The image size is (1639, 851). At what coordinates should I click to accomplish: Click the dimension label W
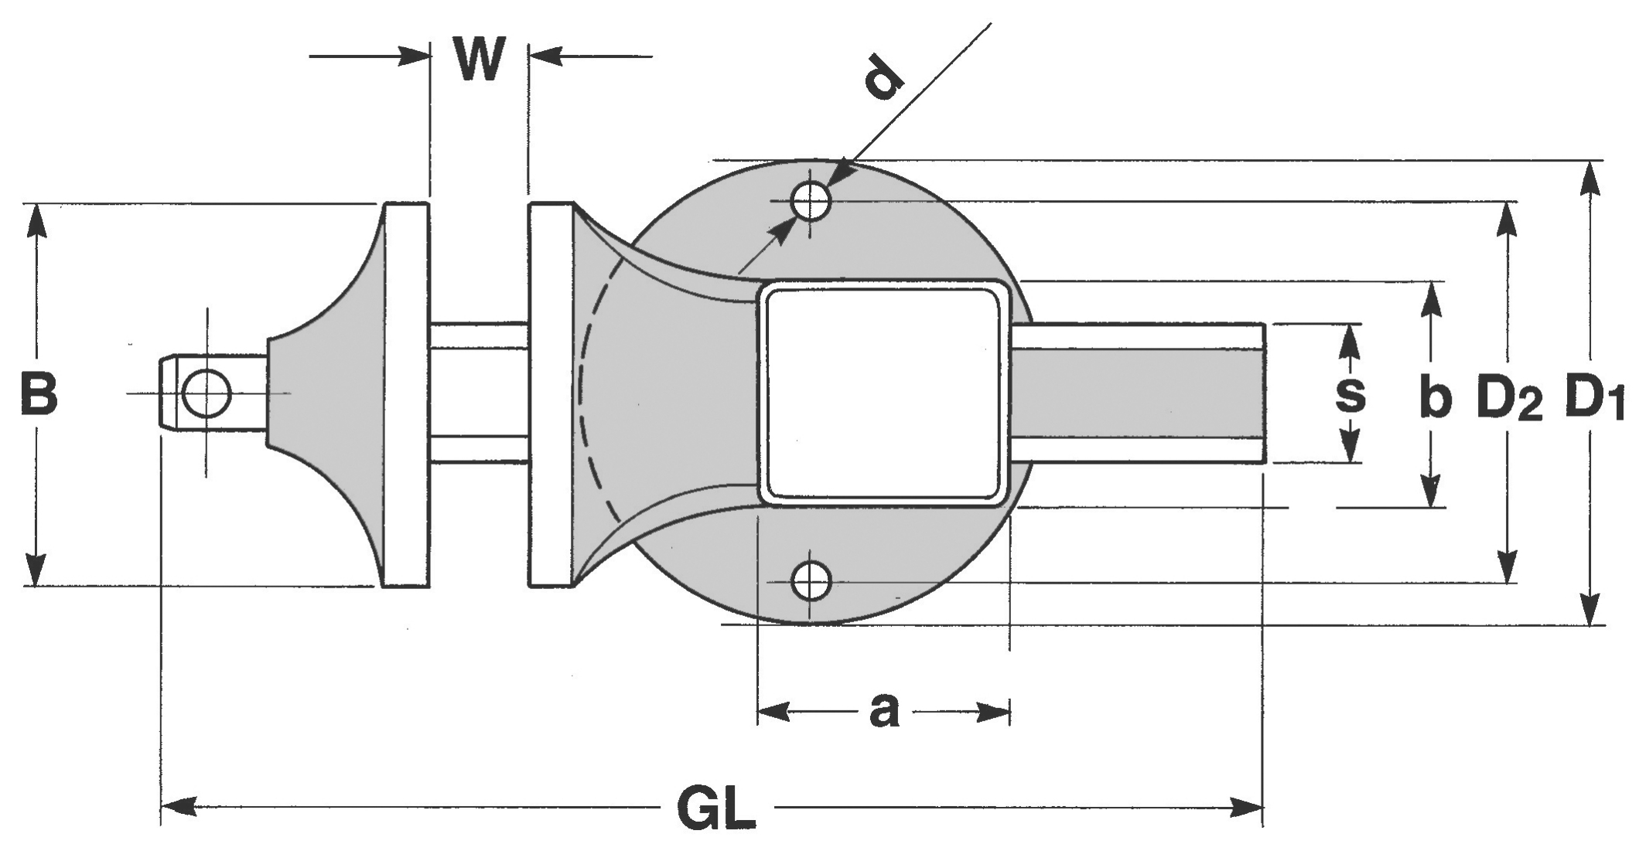tap(480, 60)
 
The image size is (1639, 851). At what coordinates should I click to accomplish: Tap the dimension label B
tap(39, 393)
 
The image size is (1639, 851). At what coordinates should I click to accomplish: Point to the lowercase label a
tap(884, 711)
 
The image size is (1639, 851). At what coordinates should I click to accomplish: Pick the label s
tap(1350, 393)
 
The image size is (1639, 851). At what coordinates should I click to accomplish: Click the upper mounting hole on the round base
tap(811, 201)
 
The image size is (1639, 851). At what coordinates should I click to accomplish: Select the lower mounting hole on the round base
tap(811, 581)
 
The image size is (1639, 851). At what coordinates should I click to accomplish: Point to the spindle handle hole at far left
tap(206, 393)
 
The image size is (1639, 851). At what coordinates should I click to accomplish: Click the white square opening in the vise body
tap(883, 393)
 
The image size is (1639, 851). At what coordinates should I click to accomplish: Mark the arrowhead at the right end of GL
tap(1246, 808)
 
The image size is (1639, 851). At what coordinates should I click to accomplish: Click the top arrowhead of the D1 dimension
tap(1589, 179)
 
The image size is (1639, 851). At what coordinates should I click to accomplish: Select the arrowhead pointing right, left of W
tap(414, 56)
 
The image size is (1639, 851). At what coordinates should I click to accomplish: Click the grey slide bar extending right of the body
tap(1137, 393)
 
